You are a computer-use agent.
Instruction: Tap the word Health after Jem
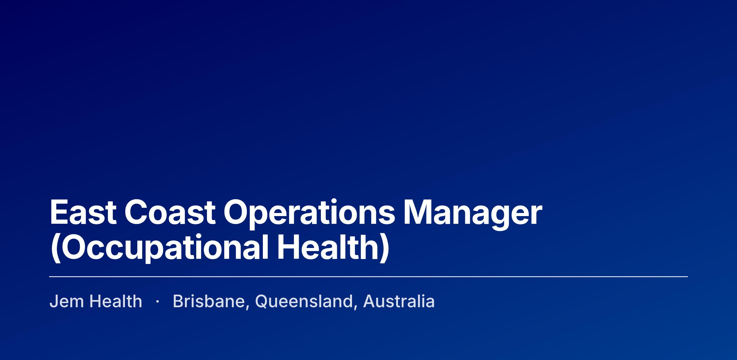116,301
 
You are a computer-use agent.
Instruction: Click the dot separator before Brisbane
158,302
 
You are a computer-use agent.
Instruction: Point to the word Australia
399,301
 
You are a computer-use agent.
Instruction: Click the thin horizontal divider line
368,277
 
